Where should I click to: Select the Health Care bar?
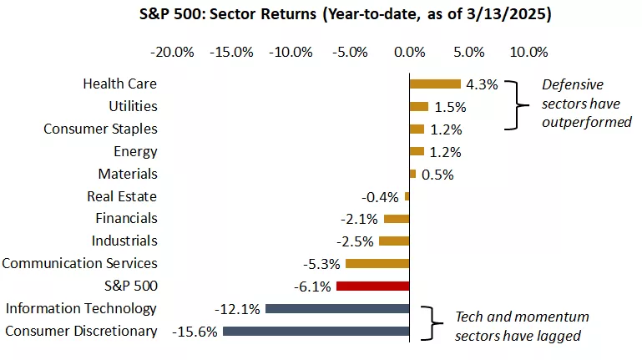pos(434,84)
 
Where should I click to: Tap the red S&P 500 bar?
pos(372,286)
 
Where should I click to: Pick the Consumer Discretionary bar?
pos(316,331)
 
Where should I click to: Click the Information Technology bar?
pos(336,308)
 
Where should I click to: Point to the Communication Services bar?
pos(377,263)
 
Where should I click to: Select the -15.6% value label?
pos(195,332)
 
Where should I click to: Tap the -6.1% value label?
pos(314,286)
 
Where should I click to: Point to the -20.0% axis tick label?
pos(172,52)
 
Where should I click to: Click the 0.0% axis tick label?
pos(409,52)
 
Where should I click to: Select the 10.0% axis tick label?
pos(528,52)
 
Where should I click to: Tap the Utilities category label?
pos(133,106)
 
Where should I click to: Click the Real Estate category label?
pos(122,196)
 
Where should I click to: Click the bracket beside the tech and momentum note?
pos(431,323)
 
